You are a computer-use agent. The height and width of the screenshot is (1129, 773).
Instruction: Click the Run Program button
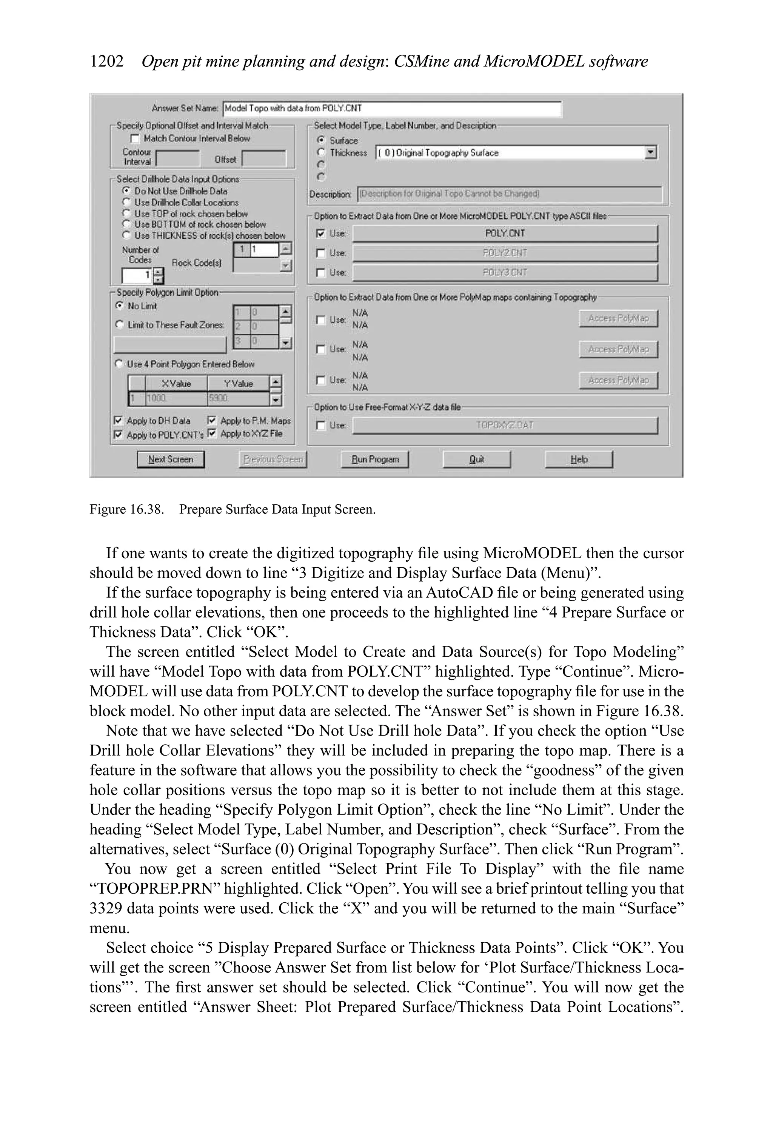click(374, 459)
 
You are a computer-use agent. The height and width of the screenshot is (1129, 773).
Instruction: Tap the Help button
click(579, 459)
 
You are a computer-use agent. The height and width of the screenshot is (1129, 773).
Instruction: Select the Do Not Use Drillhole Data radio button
click(126, 191)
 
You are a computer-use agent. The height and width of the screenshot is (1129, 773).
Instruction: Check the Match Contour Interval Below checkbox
click(135, 139)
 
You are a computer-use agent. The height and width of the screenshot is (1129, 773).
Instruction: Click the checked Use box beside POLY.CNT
click(320, 233)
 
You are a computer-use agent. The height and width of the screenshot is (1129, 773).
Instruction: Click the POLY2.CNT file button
click(505, 253)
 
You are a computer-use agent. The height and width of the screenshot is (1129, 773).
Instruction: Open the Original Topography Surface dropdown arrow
click(650, 152)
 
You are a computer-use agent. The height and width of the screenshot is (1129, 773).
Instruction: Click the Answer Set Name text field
click(391, 108)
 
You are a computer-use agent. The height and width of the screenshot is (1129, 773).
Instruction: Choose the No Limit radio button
click(119, 306)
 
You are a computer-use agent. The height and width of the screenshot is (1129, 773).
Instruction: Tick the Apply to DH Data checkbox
click(118, 420)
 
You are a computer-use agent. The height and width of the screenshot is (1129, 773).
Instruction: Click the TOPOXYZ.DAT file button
click(505, 425)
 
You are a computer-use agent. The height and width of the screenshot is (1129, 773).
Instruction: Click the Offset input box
click(264, 159)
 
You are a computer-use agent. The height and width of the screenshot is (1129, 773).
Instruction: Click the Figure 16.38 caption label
click(126, 509)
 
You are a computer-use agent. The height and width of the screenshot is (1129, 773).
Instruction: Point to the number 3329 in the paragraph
click(106, 908)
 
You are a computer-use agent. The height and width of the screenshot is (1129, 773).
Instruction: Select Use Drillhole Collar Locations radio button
click(126, 202)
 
